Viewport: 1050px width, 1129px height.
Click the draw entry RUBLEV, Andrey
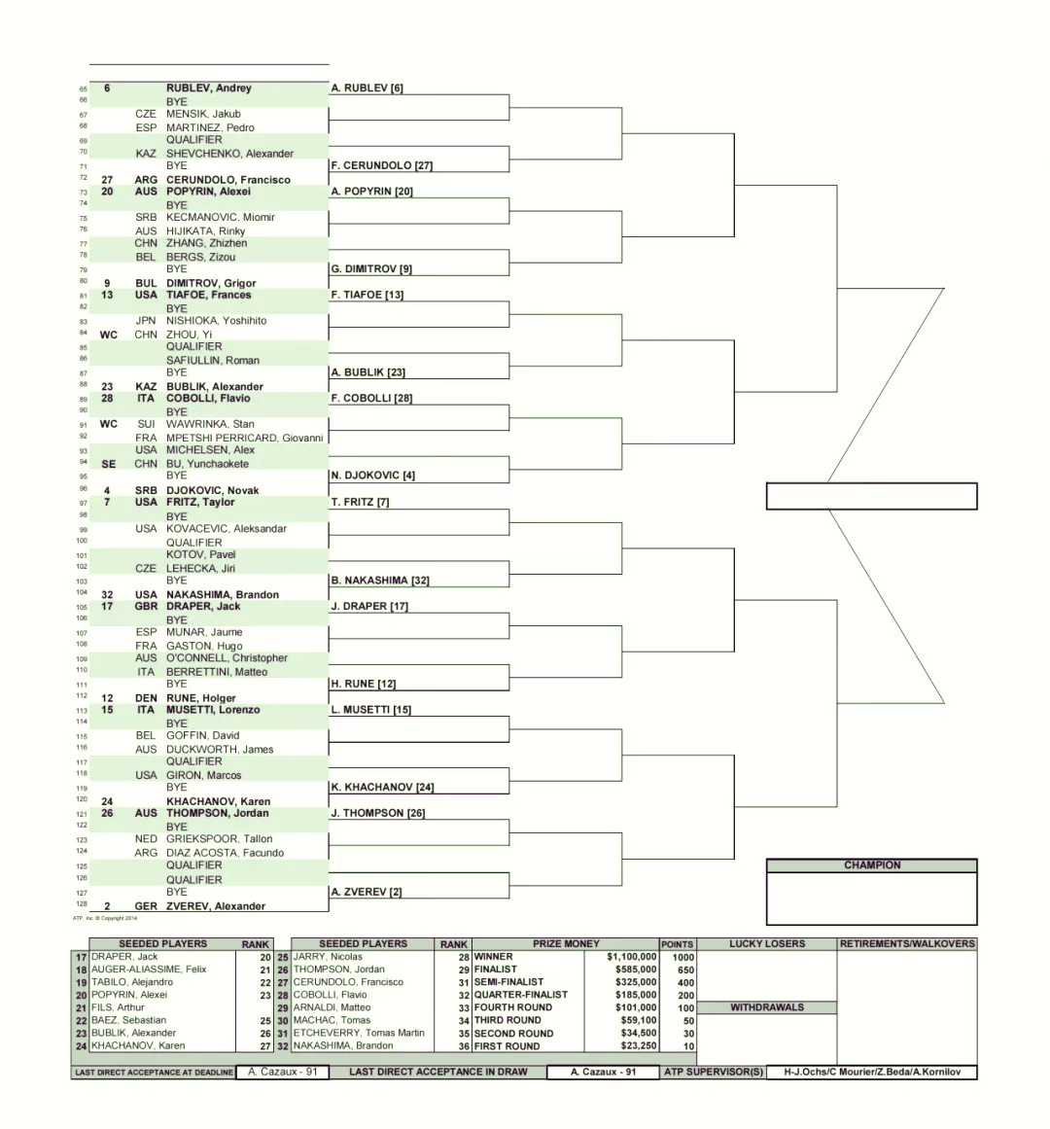[209, 88]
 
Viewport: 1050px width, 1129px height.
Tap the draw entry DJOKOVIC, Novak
[212, 490]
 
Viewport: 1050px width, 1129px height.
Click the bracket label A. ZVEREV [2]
[367, 892]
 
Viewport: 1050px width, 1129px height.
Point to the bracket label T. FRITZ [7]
[360, 502]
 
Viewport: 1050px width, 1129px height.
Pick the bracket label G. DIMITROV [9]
[371, 268]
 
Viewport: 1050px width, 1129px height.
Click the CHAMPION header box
[871, 865]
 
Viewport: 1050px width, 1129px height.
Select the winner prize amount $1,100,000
[631, 957]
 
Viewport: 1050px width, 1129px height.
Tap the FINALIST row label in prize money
[495, 970]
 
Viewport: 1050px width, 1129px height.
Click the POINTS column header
[678, 944]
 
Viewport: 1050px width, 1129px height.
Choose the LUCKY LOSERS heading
[767, 944]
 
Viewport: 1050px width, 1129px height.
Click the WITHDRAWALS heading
[767, 1007]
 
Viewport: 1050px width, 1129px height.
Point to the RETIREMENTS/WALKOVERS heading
[907, 944]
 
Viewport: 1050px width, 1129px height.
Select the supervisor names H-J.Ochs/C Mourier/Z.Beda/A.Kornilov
[871, 1073]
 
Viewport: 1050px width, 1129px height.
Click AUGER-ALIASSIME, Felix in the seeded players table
[148, 970]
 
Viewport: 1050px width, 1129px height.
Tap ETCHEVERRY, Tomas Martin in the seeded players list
[359, 1034]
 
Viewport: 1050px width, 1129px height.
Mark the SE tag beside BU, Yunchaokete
[109, 465]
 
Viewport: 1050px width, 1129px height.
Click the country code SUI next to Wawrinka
[146, 424]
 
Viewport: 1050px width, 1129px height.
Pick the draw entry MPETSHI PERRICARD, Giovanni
[245, 438]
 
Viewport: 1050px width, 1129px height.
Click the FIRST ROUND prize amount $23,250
[639, 1046]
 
